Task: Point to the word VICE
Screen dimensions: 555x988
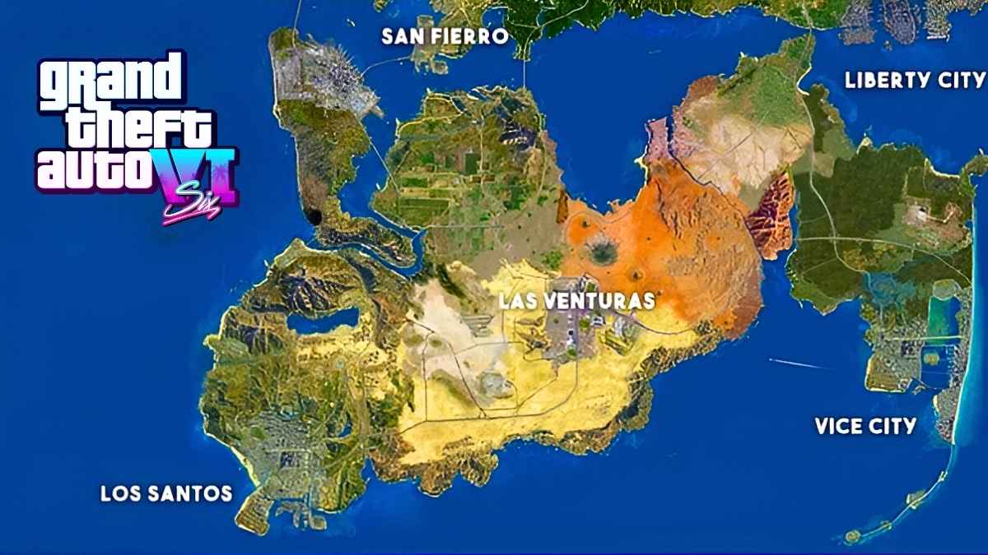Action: pyautogui.click(x=840, y=426)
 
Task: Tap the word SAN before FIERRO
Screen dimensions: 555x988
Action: pyautogui.click(x=404, y=37)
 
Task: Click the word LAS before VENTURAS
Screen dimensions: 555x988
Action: pyautogui.click(x=518, y=300)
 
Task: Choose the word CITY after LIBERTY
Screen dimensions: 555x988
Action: pyautogui.click(x=957, y=81)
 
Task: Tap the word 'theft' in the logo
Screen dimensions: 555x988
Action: pyautogui.click(x=128, y=127)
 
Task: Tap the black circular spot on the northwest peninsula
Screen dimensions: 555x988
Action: pyautogui.click(x=314, y=216)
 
